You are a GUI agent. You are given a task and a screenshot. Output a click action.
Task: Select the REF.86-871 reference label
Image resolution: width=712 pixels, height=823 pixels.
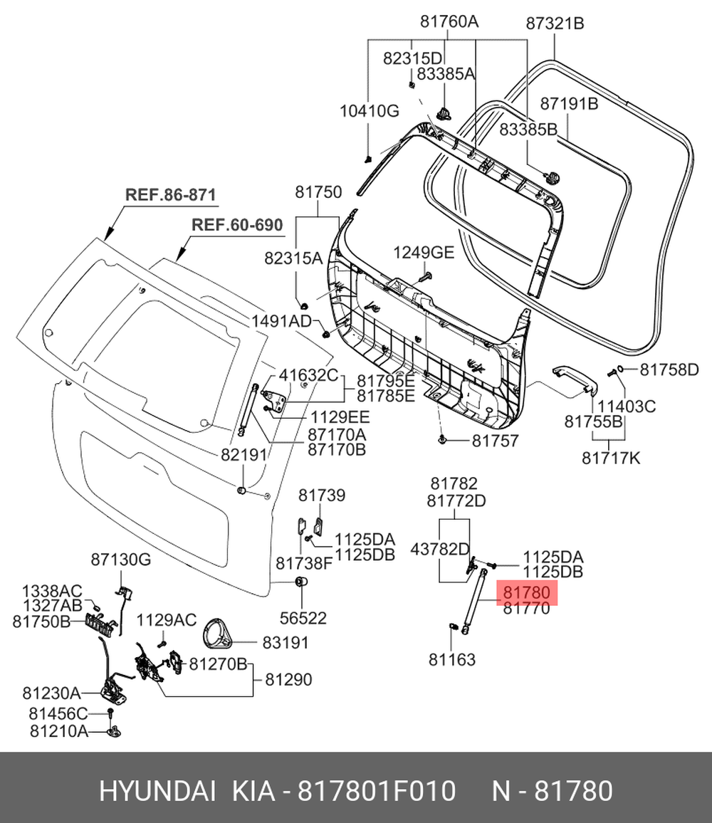tap(170, 194)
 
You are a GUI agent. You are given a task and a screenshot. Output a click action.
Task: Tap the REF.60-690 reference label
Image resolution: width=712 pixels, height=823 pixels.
tap(237, 225)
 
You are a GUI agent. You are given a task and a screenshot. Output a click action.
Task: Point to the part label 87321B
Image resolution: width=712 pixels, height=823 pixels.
tap(555, 23)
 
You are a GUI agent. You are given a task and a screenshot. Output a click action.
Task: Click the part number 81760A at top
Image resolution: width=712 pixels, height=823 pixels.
tap(449, 22)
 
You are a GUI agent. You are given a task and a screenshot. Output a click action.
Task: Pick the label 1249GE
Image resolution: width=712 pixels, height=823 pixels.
tap(424, 252)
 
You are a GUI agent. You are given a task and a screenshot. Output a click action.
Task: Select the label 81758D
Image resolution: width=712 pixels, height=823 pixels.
tap(669, 369)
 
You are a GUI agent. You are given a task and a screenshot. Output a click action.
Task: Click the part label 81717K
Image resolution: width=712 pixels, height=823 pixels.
tap(611, 458)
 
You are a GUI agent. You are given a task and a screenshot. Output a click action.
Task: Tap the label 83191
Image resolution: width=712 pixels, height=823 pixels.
tap(285, 643)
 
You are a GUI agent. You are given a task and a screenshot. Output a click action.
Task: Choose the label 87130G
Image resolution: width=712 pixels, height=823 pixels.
tap(120, 560)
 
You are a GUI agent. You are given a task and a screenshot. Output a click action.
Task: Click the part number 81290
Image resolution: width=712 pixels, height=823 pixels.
tap(288, 680)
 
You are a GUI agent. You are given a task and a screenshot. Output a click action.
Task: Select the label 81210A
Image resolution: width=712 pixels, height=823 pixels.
tap(59, 730)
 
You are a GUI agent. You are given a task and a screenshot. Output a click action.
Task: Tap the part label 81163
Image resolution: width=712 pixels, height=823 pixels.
tap(452, 660)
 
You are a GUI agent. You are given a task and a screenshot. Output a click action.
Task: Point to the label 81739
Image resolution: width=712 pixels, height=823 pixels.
tap(321, 496)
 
